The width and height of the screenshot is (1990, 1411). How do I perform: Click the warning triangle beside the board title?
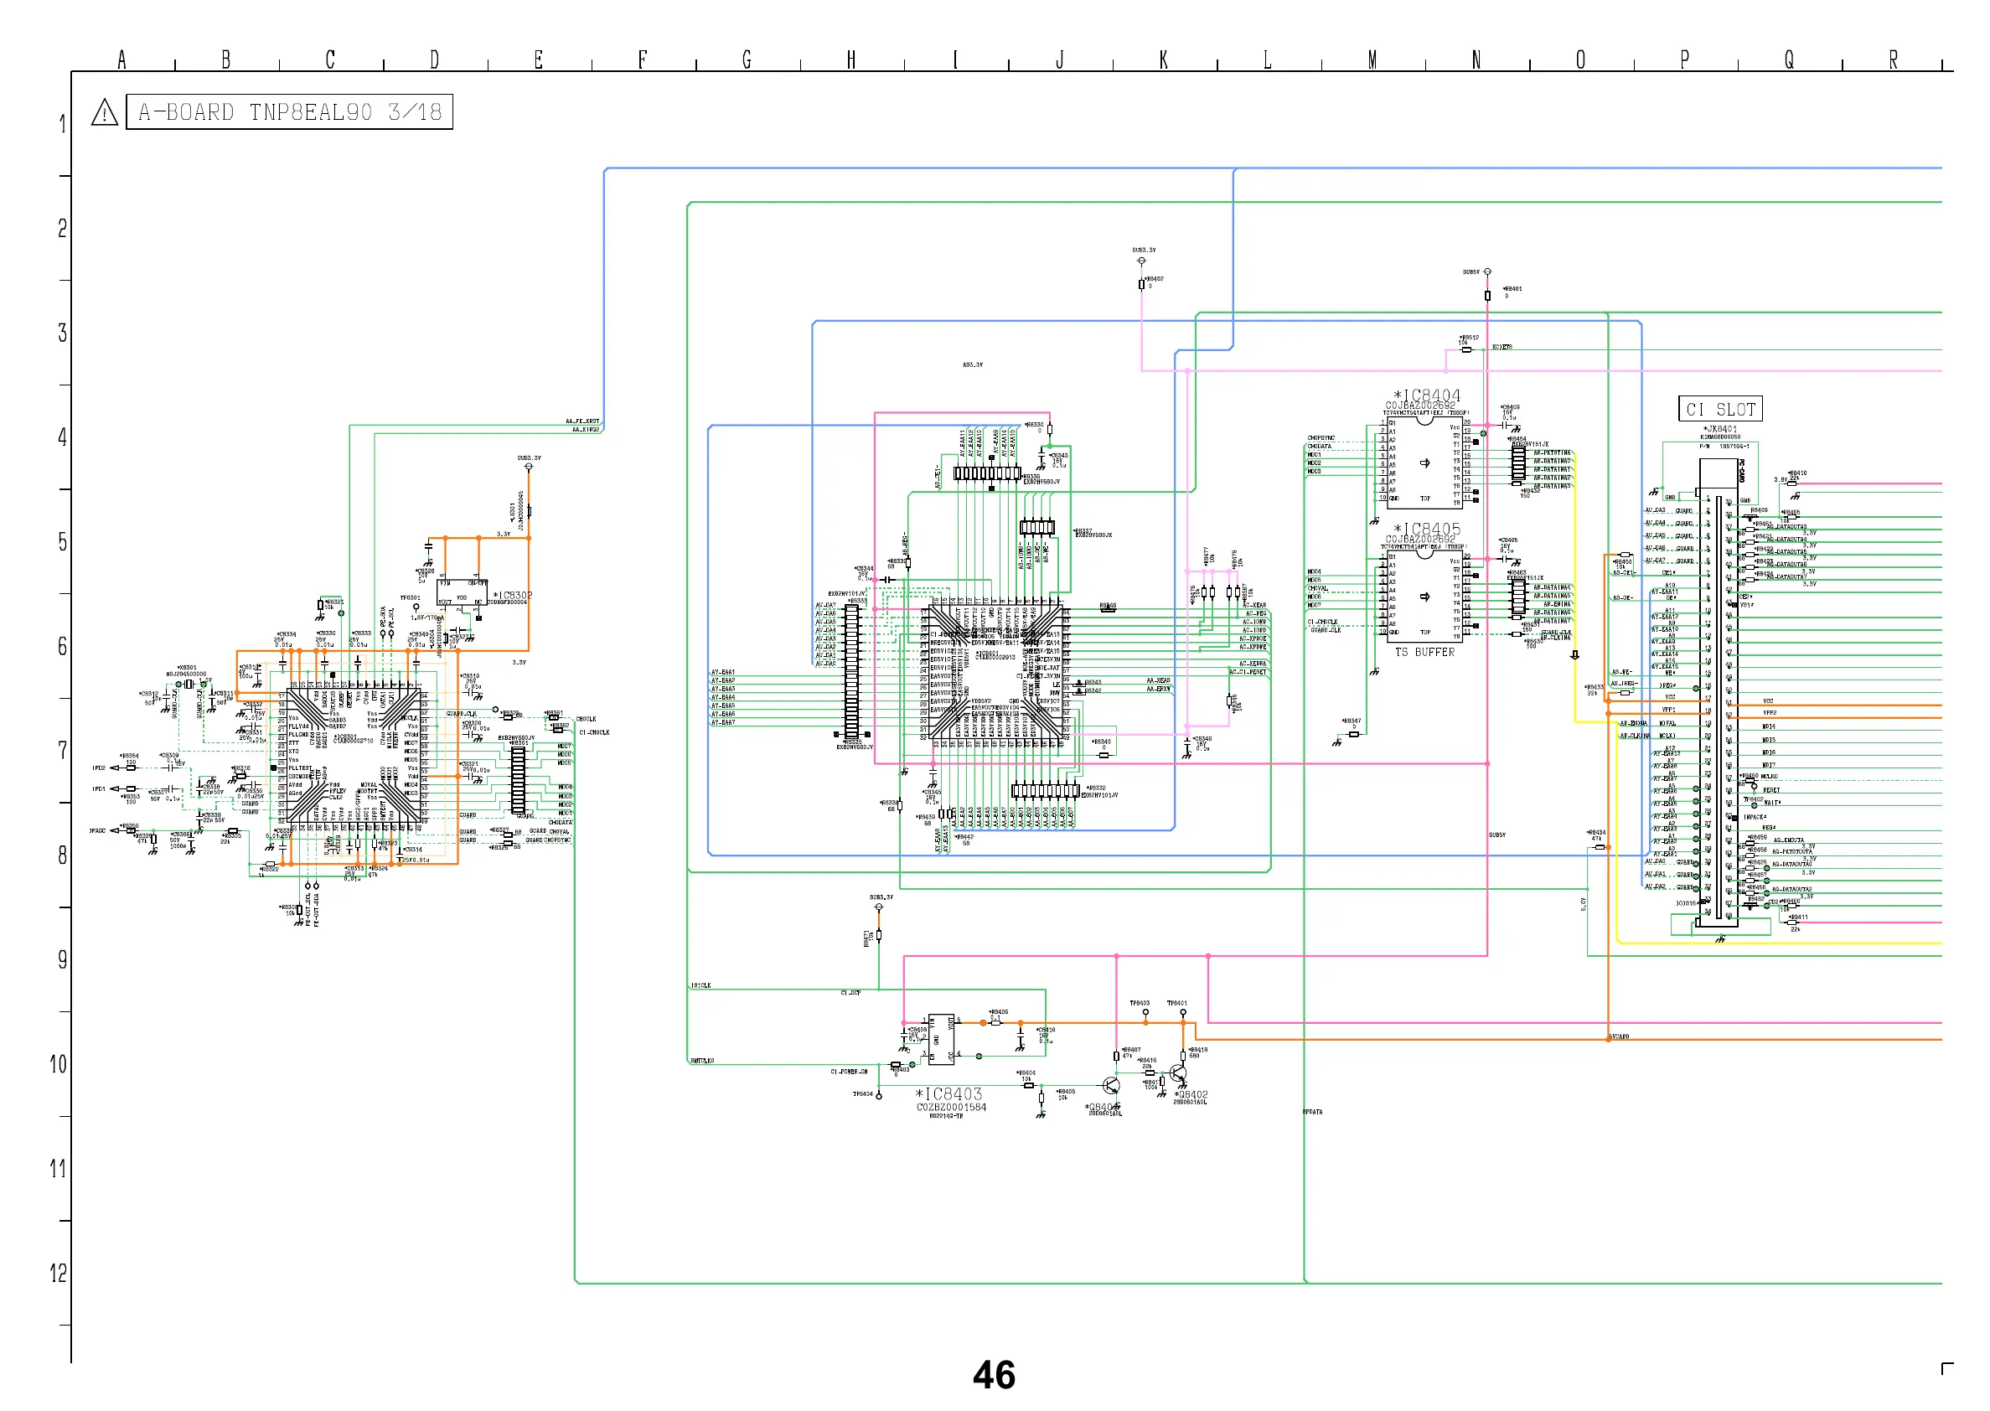104,113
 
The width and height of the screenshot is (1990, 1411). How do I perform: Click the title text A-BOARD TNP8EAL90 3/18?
289,112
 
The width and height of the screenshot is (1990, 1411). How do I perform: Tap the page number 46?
994,1375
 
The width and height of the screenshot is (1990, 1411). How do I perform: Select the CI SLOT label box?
1720,409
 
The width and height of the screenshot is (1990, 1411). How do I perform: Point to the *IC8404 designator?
1426,396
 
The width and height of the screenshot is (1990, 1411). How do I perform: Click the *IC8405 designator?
1426,530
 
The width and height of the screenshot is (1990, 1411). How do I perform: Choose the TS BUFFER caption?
1424,653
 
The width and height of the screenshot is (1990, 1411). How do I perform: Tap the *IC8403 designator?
948,1094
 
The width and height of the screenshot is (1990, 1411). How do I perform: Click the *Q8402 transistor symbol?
1178,1075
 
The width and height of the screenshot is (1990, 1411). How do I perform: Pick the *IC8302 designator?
513,596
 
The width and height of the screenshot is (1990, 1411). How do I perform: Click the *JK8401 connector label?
1720,429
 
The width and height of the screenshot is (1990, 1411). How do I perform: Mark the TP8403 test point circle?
1145,1012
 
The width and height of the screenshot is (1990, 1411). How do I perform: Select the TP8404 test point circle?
879,1097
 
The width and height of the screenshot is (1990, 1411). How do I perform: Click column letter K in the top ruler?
1164,59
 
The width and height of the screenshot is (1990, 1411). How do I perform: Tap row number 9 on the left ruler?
62,959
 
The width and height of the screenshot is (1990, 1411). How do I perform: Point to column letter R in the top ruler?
1894,59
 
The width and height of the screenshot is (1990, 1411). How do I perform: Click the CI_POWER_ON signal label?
849,1072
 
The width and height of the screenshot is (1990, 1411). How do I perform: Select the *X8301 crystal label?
186,667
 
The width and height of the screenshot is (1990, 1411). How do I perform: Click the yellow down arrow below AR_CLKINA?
1574,656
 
